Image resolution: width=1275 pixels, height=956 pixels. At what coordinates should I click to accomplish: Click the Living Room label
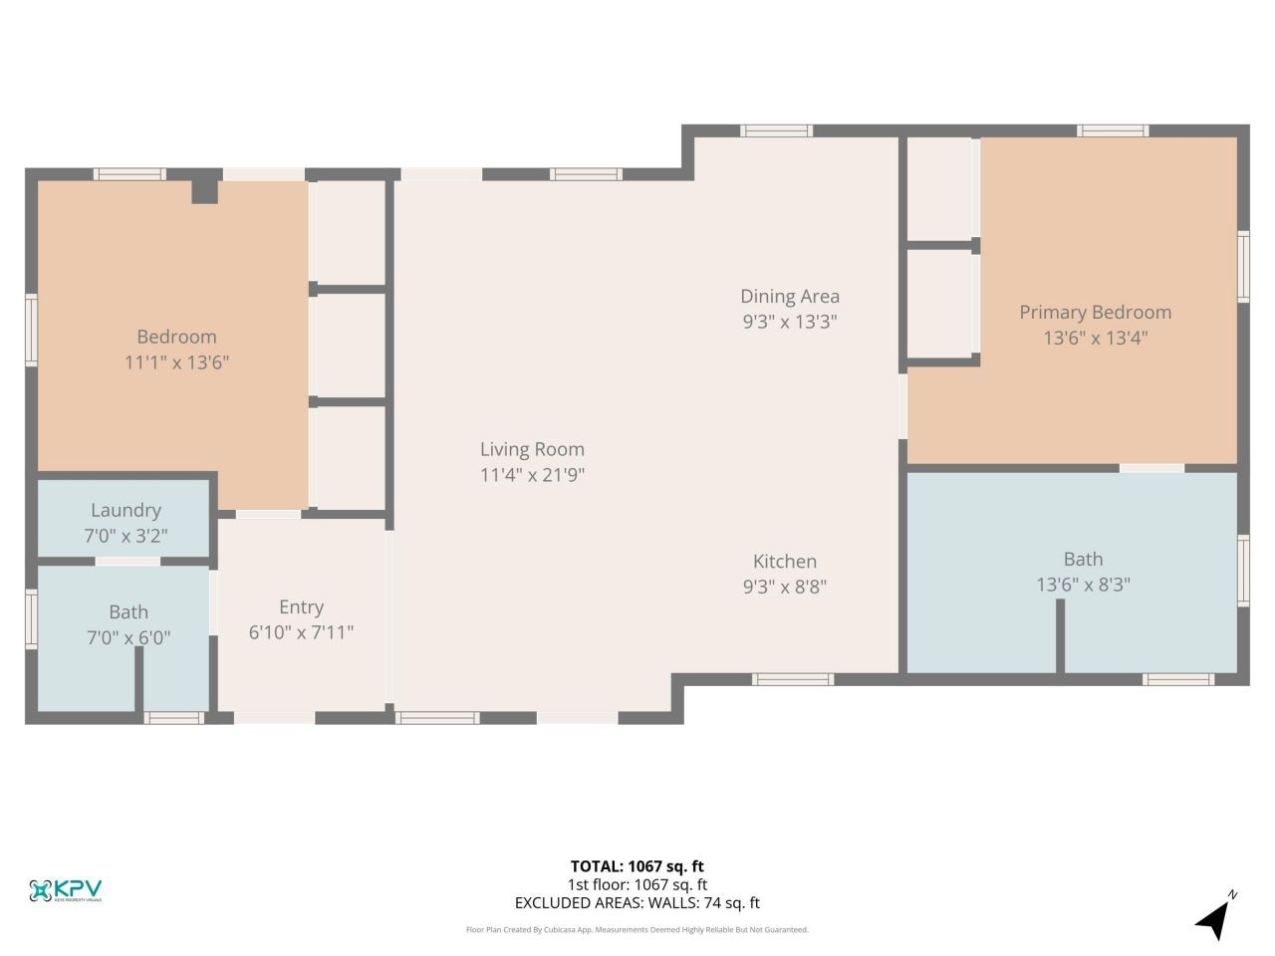click(x=532, y=449)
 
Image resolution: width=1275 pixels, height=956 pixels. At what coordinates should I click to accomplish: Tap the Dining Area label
click(x=789, y=296)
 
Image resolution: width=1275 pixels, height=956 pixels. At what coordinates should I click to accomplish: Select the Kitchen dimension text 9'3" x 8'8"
click(x=785, y=587)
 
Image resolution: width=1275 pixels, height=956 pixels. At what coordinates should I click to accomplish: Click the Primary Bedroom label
click(x=1095, y=312)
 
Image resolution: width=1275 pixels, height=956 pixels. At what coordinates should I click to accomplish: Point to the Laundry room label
click(x=126, y=510)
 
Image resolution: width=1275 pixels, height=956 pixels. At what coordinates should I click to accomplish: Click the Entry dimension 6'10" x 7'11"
click(x=301, y=631)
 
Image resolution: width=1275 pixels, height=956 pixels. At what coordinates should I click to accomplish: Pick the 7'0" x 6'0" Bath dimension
click(x=128, y=636)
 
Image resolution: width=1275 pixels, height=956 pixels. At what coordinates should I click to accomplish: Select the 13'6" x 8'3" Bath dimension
click(x=1083, y=585)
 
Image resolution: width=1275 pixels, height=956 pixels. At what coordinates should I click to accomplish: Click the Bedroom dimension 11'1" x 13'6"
click(x=176, y=361)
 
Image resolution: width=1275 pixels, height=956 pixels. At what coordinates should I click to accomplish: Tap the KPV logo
click(x=66, y=890)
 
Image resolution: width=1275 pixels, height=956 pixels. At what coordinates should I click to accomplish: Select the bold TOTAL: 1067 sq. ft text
click(x=637, y=866)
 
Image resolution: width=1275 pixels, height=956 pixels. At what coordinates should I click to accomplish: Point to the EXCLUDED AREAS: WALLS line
click(x=637, y=903)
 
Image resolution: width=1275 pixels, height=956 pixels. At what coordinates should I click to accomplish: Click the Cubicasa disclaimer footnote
click(x=637, y=929)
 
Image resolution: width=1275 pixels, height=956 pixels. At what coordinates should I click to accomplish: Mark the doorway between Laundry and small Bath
click(x=127, y=562)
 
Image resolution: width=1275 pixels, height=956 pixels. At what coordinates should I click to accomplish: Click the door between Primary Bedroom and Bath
click(x=1151, y=468)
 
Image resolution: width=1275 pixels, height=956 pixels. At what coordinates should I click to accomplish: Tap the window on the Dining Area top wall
click(x=776, y=130)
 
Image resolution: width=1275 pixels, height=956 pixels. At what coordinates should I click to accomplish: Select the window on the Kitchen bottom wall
click(x=792, y=679)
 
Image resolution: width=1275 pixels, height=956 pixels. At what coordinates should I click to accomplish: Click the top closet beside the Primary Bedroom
click(x=939, y=188)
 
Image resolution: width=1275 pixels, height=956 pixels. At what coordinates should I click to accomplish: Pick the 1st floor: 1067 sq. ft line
click(x=637, y=884)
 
